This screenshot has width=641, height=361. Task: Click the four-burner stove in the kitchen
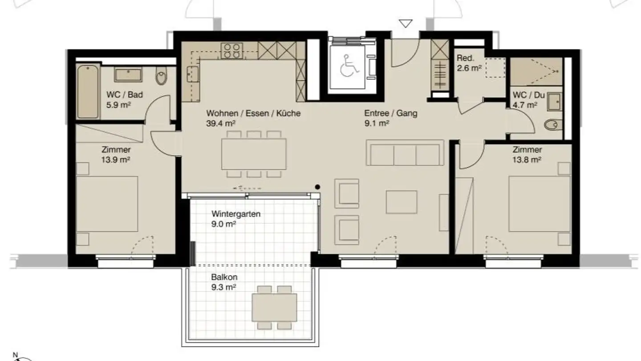[232, 50]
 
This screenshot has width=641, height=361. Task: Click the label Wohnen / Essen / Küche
[253, 113]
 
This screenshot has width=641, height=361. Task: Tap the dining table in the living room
[254, 154]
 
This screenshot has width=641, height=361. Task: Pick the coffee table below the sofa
[401, 202]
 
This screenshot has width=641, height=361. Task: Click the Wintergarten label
[236, 214]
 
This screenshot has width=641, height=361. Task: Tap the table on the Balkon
[274, 307]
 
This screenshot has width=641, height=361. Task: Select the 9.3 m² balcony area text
[223, 287]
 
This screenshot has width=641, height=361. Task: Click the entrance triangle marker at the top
[405, 24]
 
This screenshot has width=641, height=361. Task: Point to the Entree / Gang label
[391, 113]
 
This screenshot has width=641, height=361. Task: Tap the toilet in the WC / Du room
[551, 125]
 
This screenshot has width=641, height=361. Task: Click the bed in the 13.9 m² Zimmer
[107, 204]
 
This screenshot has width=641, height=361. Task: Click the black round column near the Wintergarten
[317, 187]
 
